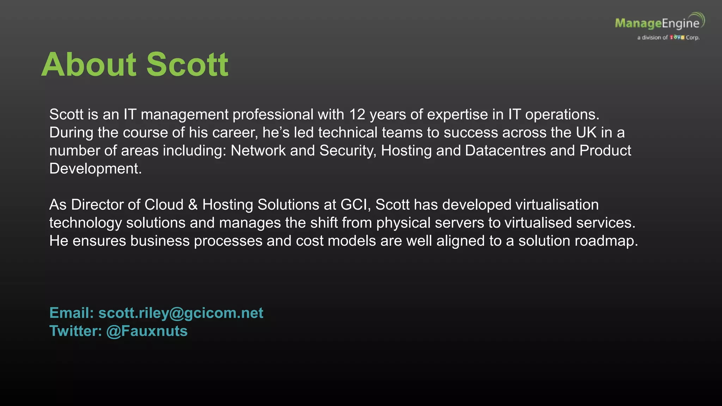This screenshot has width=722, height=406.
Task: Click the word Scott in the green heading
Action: pos(187,64)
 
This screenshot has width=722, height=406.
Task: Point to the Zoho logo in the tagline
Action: pos(677,37)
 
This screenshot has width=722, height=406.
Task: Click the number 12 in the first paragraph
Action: pos(357,115)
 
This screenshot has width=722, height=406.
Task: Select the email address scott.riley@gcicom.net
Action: pos(180,313)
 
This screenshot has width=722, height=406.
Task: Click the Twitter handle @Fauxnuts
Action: pos(147,331)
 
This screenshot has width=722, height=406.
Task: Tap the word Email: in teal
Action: pos(72,313)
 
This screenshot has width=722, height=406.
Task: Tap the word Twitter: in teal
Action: pos(75,331)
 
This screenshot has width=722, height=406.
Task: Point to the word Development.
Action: pos(95,169)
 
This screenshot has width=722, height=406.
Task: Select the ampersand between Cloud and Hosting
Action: pos(193,205)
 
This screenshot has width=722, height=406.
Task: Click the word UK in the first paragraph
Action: pos(586,133)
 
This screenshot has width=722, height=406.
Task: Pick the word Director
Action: pos(92,205)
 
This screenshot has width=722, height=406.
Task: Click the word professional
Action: pos(273,115)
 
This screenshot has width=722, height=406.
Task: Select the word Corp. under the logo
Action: pos(692,37)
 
